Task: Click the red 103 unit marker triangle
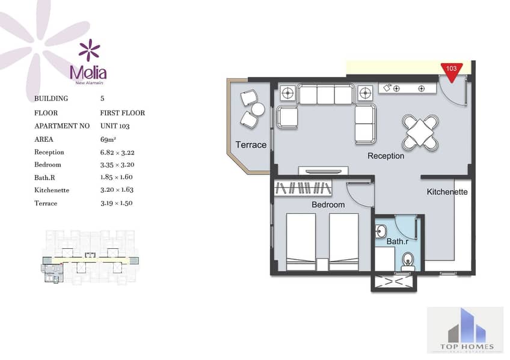tap(452, 72)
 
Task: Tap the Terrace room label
tap(251, 145)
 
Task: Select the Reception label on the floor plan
tap(386, 156)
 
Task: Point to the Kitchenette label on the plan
tap(447, 192)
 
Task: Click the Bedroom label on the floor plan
tap(328, 205)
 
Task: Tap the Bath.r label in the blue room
tap(397, 242)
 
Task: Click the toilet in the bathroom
tap(408, 261)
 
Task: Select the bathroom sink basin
tap(380, 231)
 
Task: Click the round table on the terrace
tap(258, 109)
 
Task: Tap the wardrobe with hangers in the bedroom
tap(303, 188)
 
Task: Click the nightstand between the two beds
tap(322, 264)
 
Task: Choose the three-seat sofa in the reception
tap(325, 94)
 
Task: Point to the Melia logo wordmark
tap(88, 73)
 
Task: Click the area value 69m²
tap(108, 139)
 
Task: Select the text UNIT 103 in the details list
tap(115, 126)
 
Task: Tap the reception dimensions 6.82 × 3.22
tap(117, 153)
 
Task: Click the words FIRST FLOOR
tap(122, 113)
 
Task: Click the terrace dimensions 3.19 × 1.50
tap(117, 203)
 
